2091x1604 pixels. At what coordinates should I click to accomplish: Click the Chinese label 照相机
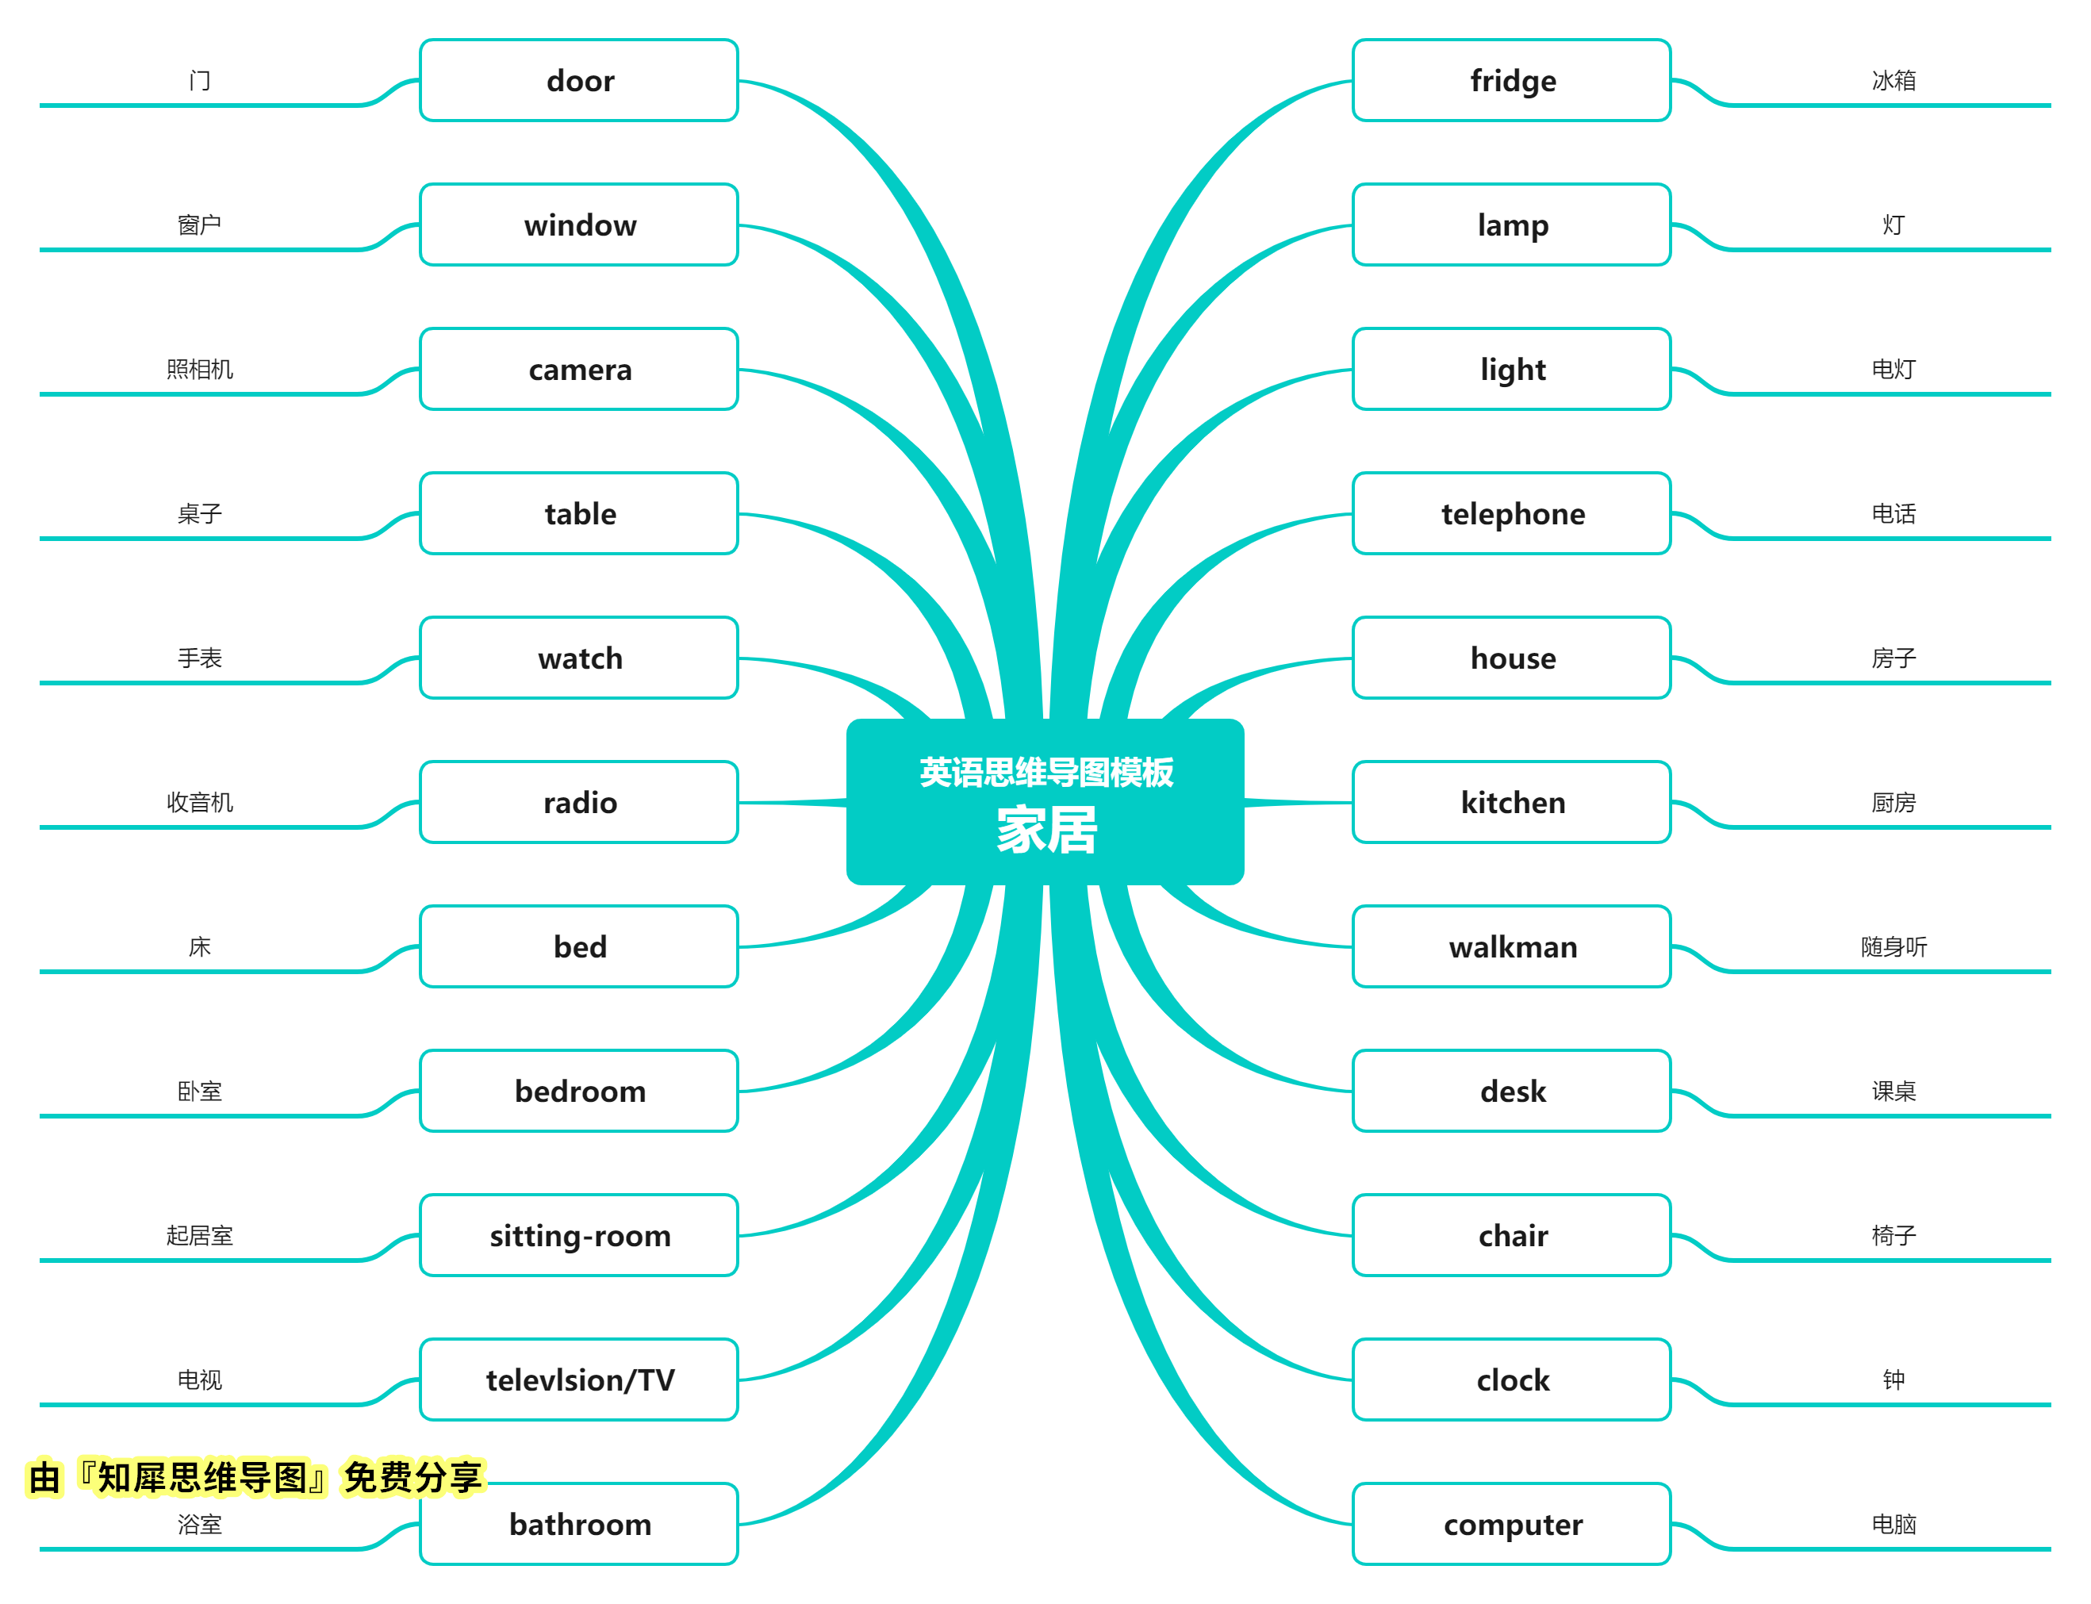200,370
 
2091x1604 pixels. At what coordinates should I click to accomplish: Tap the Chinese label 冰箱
1893,80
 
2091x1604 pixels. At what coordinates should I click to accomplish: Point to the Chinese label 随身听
1893,947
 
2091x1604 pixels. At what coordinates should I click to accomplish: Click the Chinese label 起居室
200,1235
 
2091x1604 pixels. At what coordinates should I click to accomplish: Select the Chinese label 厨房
1893,803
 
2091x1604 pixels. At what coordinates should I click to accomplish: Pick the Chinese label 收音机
200,803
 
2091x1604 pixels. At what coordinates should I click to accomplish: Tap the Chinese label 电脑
1893,1524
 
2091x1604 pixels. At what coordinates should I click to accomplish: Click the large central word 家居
1046,830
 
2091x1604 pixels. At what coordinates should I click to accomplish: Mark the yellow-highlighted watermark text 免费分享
413,1478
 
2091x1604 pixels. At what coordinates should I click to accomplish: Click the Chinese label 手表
200,658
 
